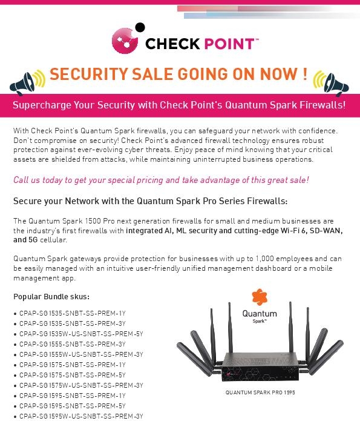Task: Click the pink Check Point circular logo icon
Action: [125, 41]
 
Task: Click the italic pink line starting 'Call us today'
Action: [161, 180]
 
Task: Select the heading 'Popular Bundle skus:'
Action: [51, 297]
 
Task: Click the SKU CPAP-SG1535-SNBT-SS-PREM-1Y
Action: [73, 313]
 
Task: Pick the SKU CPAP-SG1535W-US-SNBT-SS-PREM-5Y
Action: [81, 334]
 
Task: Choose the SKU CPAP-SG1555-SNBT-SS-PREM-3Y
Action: [73, 344]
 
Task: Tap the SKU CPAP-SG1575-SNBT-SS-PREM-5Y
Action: [73, 375]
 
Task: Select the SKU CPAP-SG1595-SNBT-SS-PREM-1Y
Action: [73, 396]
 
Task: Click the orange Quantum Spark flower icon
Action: [260, 297]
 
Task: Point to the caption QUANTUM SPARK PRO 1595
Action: [260, 393]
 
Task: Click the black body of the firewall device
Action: [260, 366]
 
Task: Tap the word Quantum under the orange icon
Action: [260, 314]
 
